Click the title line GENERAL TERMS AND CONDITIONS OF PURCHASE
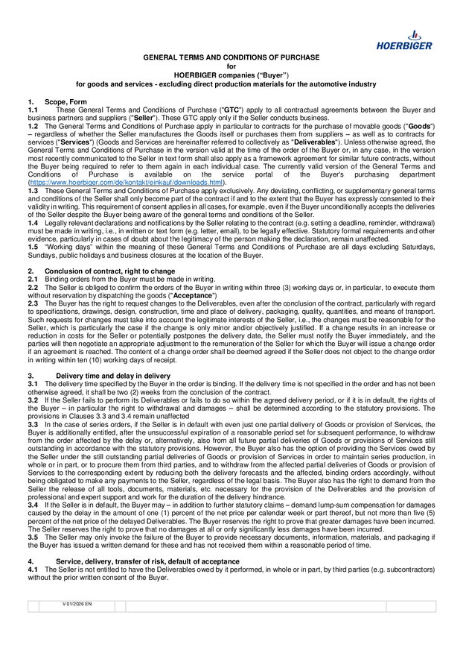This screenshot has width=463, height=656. coord(231,57)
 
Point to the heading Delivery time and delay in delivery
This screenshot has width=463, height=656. coord(113,376)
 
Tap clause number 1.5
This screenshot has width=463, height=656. coord(33,247)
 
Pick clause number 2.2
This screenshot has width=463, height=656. coord(33,286)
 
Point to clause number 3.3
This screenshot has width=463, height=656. coord(33,423)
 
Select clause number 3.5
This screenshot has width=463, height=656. coord(33,536)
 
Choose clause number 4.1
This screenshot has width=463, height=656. coord(33,569)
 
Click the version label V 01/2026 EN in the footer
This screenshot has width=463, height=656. coord(77,603)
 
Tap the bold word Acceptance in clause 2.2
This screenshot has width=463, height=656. coord(193,294)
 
